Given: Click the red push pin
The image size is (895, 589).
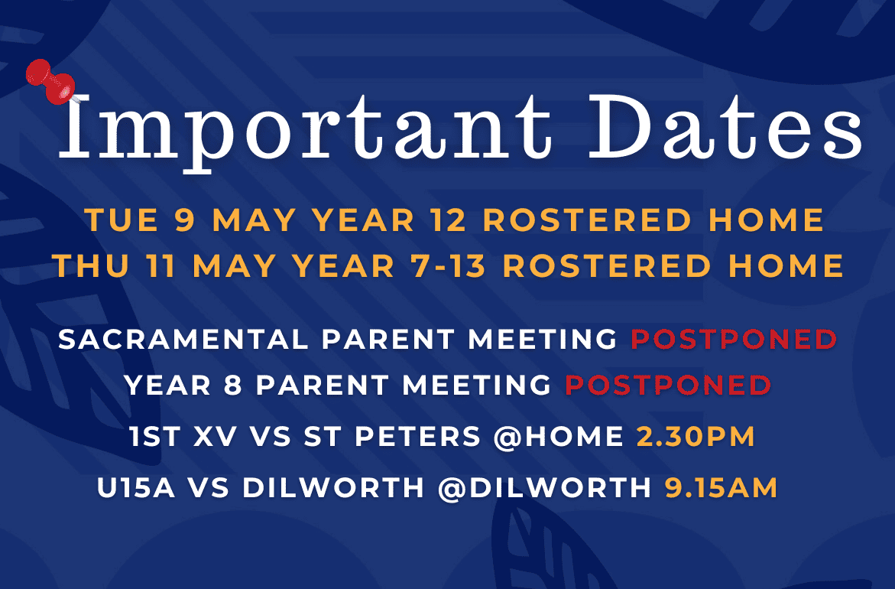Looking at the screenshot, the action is point(50,81).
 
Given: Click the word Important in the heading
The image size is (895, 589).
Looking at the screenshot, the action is point(306,129).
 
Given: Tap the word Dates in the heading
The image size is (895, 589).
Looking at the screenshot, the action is point(725,126).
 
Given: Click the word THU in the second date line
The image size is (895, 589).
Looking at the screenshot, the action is point(91,265).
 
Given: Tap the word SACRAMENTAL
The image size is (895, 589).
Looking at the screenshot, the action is point(183,340).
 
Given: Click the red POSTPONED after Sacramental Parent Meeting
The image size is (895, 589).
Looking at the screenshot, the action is point(734,340).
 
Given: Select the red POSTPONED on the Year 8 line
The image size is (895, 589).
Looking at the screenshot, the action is point(669,385).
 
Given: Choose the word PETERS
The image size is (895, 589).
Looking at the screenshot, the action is point(418,437).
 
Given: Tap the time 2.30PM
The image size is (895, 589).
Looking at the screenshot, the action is point(696,437).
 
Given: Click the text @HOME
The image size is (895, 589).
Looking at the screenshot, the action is point(558,437).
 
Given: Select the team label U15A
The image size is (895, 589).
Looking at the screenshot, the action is point(136,489).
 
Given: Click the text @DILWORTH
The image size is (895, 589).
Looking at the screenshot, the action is point(544,489).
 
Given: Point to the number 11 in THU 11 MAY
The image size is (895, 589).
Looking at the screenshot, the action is point(160,265).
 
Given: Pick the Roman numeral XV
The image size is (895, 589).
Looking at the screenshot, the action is point(216,437).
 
